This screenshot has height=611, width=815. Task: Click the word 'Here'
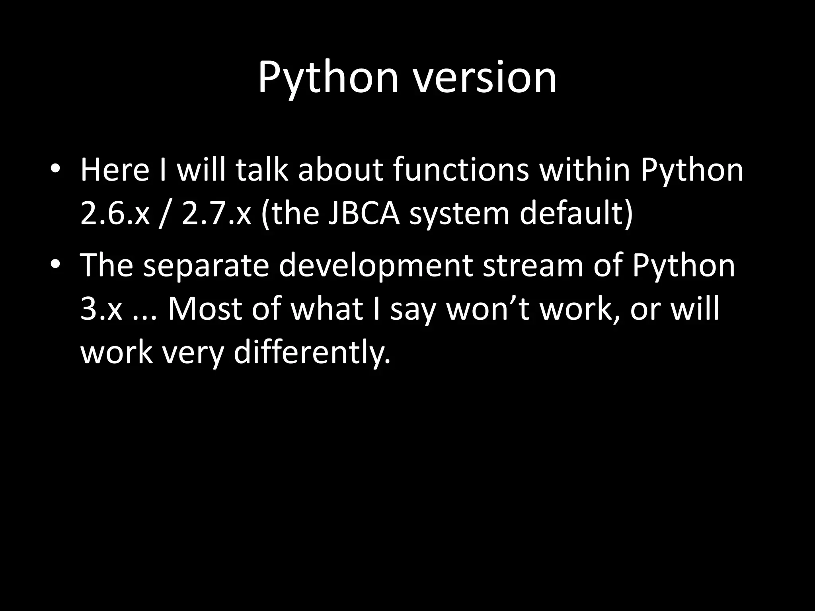point(115,170)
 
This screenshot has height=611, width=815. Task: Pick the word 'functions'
point(461,170)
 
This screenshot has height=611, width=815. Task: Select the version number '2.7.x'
point(216,214)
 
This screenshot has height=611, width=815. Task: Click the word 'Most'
point(204,309)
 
